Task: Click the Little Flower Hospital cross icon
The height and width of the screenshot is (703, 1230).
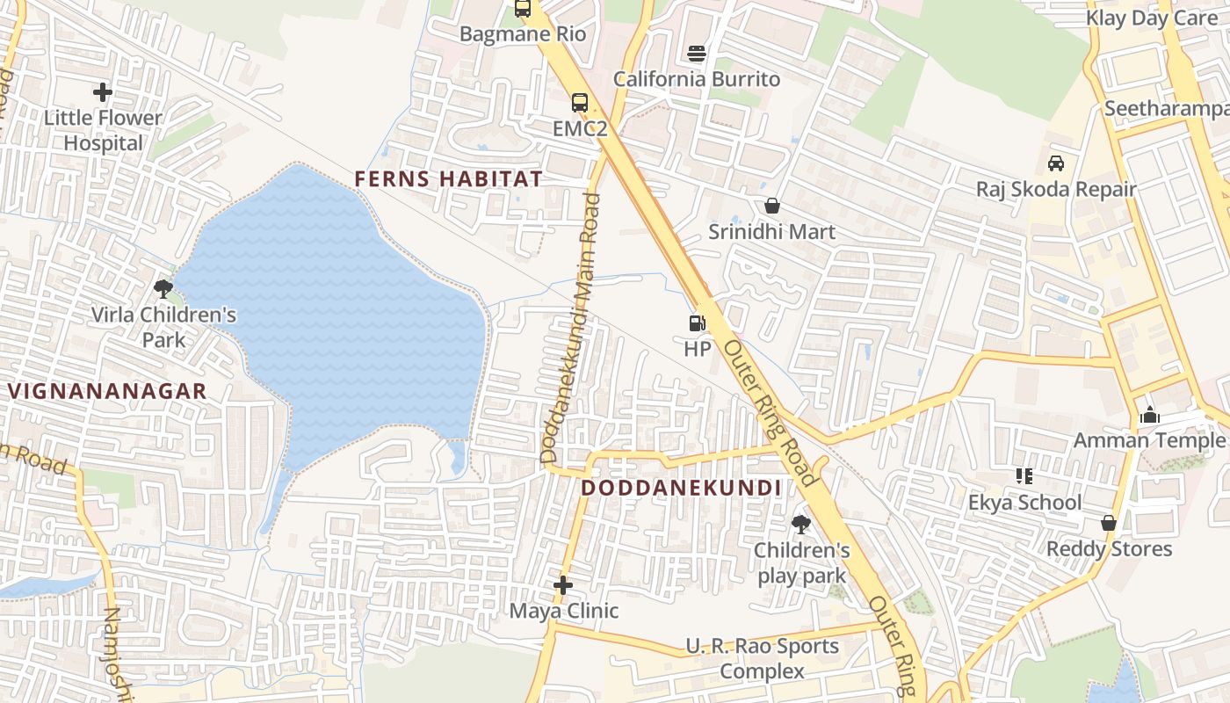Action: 103,91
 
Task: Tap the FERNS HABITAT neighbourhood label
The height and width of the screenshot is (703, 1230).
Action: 448,178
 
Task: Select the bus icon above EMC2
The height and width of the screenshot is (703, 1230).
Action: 580,102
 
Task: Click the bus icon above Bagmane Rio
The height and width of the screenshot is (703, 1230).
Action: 523,9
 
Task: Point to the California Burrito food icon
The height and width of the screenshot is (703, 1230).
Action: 697,54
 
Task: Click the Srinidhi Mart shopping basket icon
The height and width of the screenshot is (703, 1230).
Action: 771,206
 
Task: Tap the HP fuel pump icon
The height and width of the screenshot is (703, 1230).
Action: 697,323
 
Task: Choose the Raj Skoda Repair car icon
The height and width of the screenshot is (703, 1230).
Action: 1056,163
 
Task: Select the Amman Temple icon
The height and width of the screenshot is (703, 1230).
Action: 1149,415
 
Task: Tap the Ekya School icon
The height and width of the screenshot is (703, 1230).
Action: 1024,476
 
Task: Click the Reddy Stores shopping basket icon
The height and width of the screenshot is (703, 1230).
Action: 1109,523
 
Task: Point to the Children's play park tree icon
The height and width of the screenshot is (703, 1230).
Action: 800,525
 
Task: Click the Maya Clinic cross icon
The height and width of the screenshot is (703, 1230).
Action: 563,584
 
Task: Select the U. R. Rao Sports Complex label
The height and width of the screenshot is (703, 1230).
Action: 762,659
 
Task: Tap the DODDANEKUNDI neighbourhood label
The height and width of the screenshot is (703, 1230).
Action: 681,488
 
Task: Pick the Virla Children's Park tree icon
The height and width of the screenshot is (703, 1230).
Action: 163,288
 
